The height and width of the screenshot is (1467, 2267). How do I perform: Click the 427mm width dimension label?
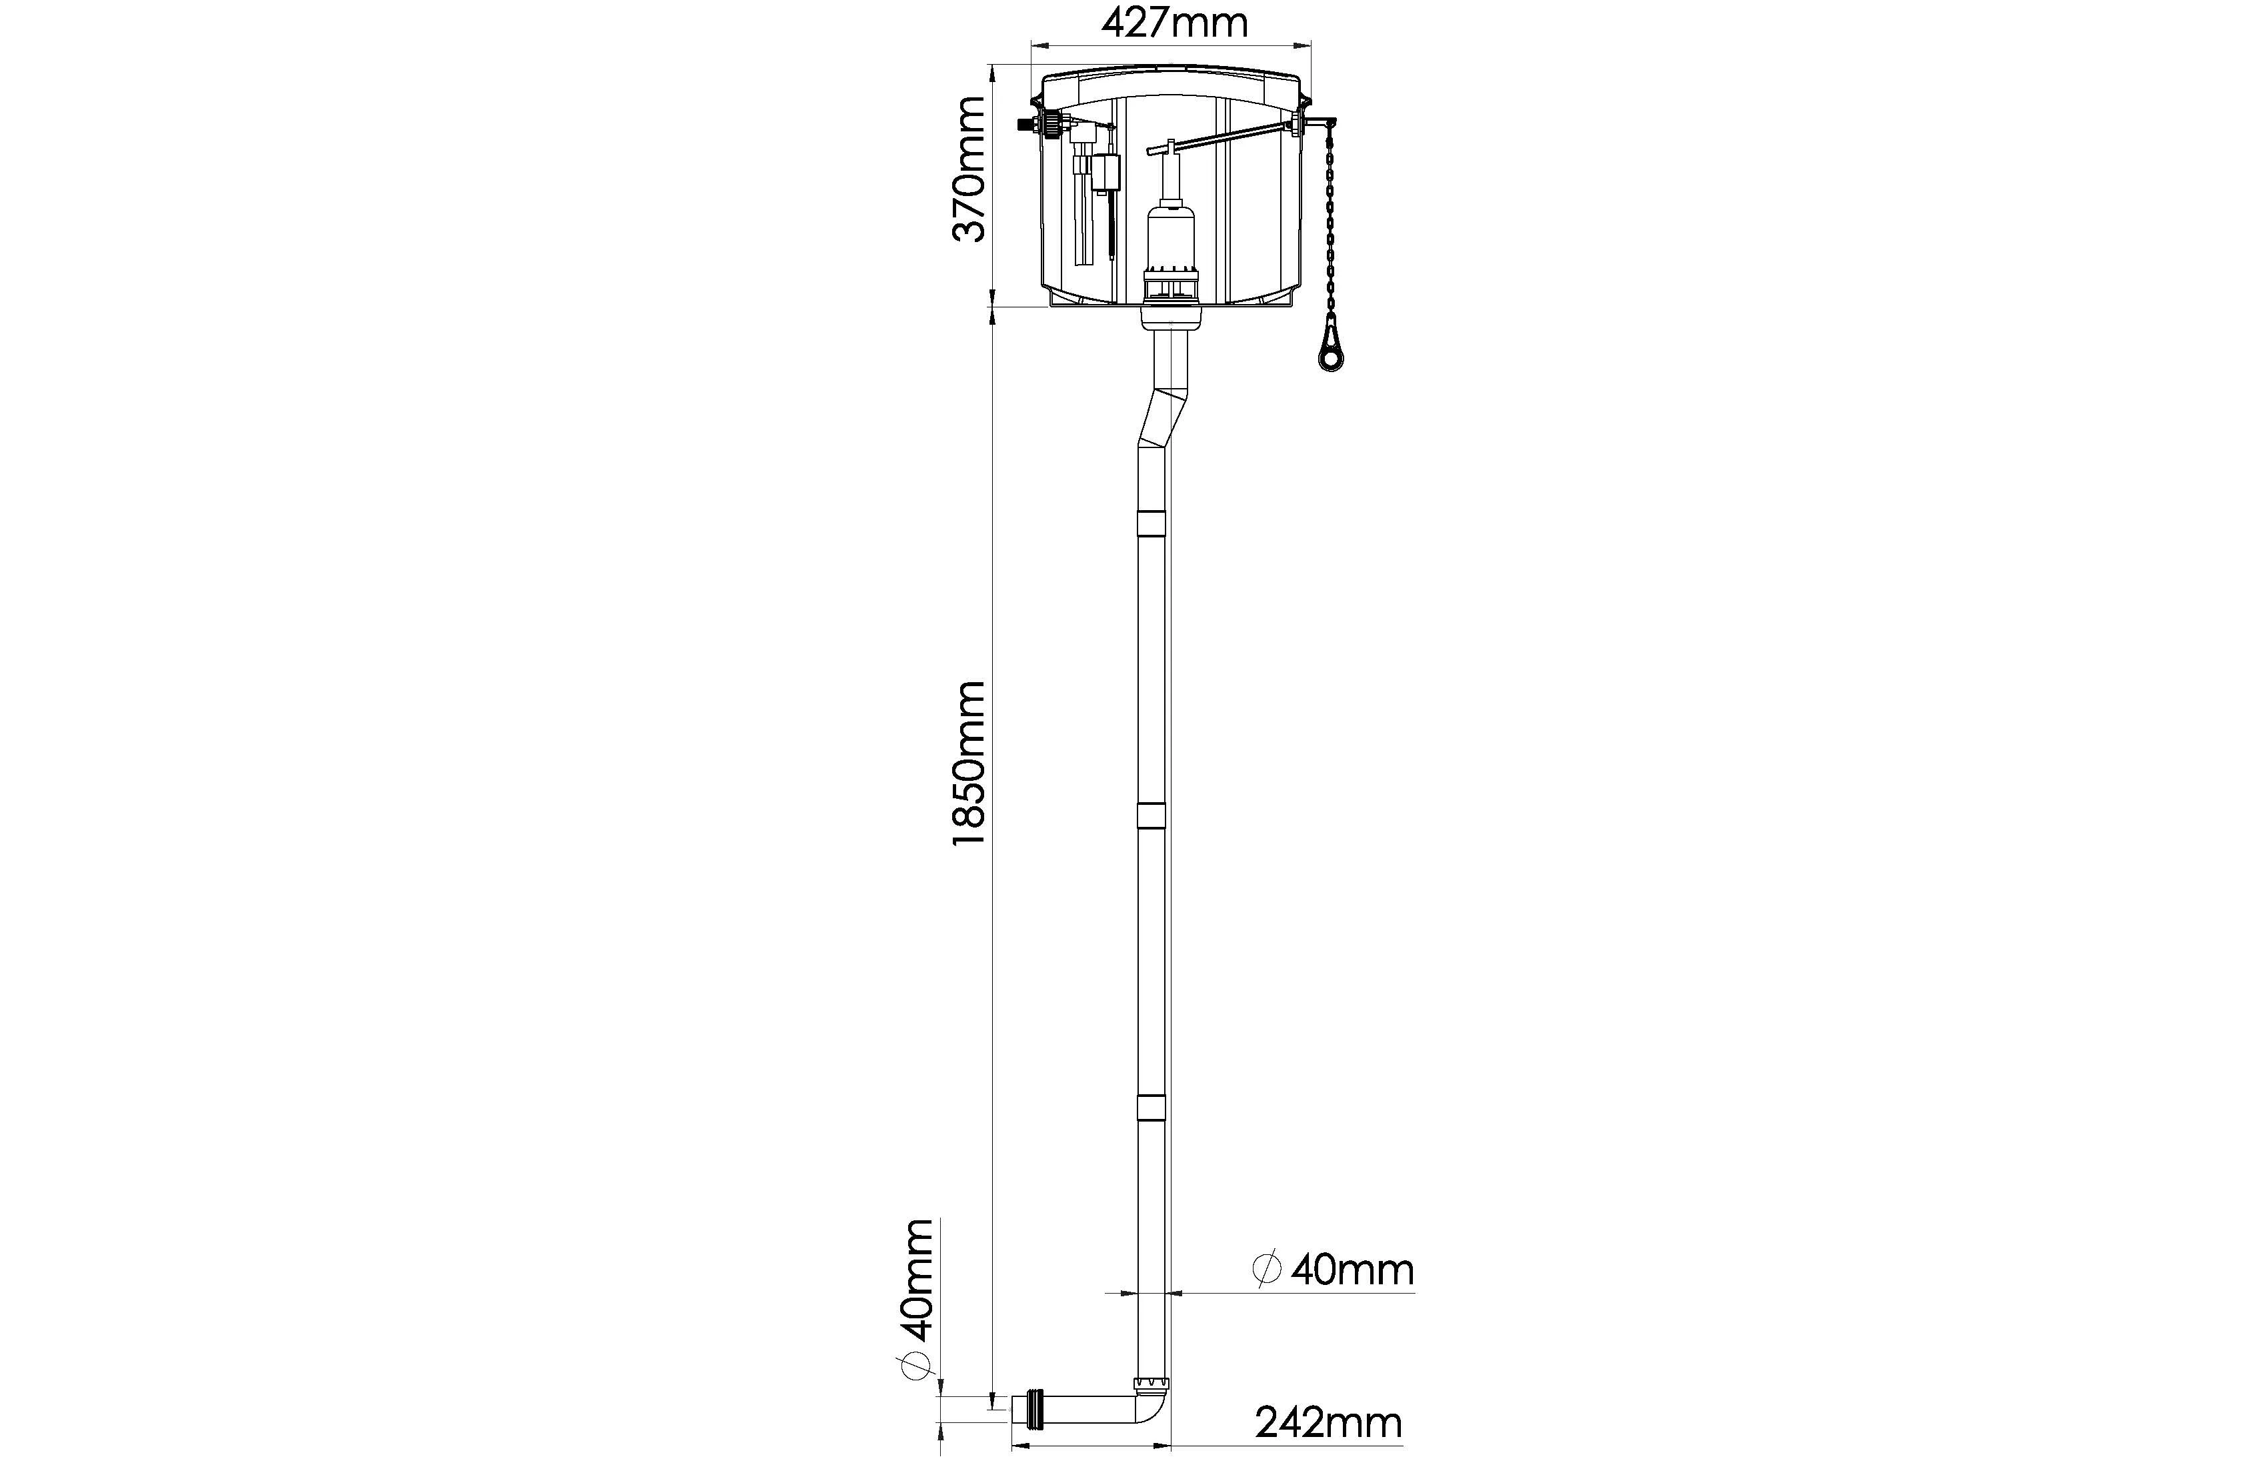coord(1174,23)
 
